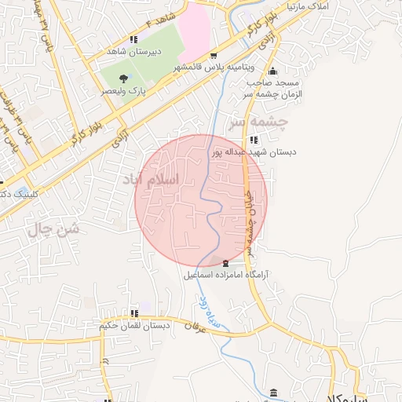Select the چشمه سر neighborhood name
(x=258, y=122)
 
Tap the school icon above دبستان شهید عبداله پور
(x=253, y=140)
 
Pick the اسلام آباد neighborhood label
(x=149, y=180)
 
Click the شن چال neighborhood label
(x=55, y=229)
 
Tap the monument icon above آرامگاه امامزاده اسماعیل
(x=226, y=262)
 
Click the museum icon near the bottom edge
(x=272, y=393)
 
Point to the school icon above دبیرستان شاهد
(x=134, y=38)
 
